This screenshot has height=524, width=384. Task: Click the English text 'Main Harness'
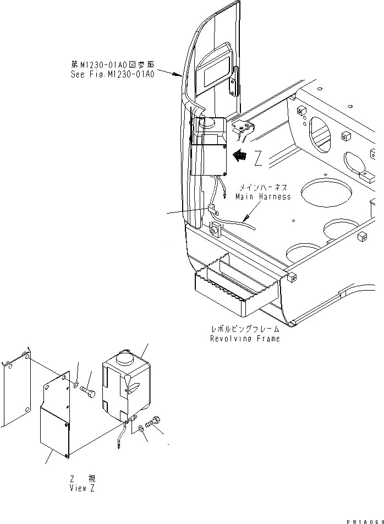(263, 197)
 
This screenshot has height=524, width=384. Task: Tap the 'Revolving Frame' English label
(244, 339)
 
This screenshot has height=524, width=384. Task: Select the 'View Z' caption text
(82, 488)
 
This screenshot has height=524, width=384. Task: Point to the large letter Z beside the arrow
(259, 159)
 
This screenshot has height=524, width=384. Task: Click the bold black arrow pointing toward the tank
(239, 156)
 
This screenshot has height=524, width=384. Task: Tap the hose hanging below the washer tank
(122, 438)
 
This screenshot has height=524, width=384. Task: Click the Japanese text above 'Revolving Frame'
(244, 329)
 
